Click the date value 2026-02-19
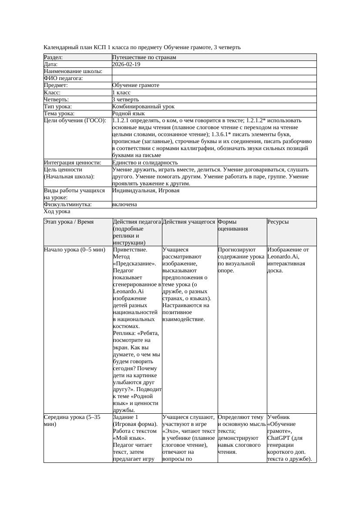coord(126,64)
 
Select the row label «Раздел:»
coord(54,57)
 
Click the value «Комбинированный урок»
coord(143,106)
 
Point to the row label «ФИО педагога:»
coord(64,78)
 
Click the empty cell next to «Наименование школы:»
coord(214,71)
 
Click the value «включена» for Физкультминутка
coord(124,204)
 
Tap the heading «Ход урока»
coord(57,211)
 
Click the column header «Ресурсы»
coord(278,222)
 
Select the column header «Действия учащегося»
coord(189,222)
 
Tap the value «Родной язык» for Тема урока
coord(128,113)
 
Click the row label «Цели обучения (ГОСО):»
coord(75,120)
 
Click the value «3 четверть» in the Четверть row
coord(126,99)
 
